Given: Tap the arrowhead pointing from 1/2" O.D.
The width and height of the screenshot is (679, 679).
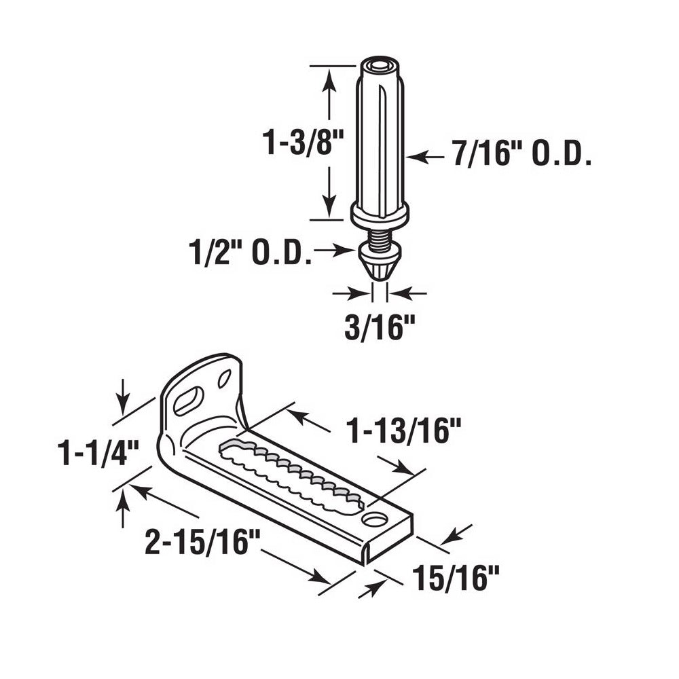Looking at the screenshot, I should (x=348, y=251).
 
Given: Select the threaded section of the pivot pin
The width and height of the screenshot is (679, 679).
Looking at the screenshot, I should (x=380, y=238).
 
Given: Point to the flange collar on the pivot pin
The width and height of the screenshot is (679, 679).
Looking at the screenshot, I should (x=380, y=215).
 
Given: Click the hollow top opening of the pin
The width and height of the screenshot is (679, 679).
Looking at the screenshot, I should (x=380, y=66).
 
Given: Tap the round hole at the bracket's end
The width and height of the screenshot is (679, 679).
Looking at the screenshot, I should (x=371, y=519).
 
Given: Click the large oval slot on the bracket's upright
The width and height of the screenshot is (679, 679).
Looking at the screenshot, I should (x=187, y=401).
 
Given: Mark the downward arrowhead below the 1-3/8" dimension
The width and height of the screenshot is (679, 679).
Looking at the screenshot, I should (x=329, y=207).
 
